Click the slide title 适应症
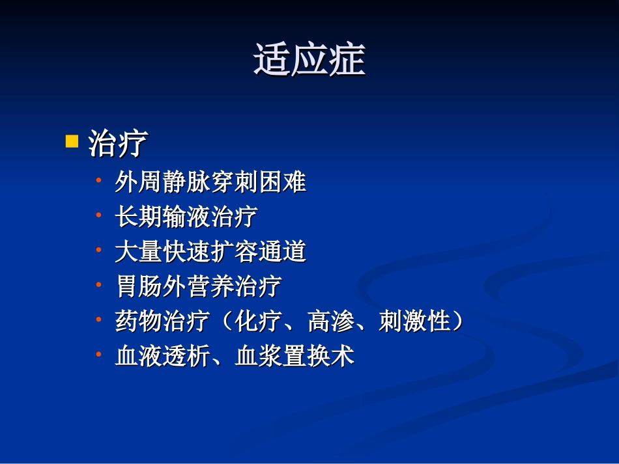(x=309, y=61)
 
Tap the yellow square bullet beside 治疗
(x=72, y=141)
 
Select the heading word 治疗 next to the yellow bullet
(x=118, y=143)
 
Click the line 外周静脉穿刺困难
(x=210, y=182)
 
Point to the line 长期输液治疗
(x=186, y=217)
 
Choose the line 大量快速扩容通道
(x=210, y=252)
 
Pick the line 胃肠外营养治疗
(x=198, y=286)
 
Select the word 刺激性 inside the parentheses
(x=414, y=321)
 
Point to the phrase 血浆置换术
(x=295, y=356)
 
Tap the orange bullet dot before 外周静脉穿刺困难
(x=98, y=179)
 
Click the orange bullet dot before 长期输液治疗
(x=98, y=213)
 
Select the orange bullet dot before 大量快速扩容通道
(x=98, y=249)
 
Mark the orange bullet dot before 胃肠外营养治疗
(x=98, y=284)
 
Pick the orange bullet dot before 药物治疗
(x=98, y=318)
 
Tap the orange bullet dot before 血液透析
(x=98, y=353)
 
